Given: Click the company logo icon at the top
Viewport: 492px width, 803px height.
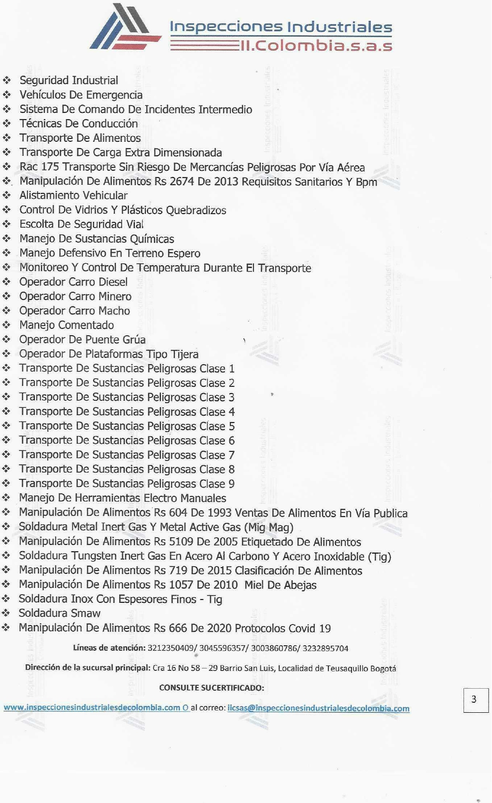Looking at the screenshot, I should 125,28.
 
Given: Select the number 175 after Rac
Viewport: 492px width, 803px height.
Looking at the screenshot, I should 50,167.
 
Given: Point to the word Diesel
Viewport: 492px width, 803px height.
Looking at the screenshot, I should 113,282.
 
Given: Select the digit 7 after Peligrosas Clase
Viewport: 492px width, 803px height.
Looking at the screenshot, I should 232,455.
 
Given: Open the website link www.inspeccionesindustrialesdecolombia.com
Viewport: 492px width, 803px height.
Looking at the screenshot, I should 92,708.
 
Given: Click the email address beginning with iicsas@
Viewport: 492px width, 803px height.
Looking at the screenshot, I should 318,708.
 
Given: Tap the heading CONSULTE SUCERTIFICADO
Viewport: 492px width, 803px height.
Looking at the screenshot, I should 211,688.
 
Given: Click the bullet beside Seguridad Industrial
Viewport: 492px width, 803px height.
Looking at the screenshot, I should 7,80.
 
